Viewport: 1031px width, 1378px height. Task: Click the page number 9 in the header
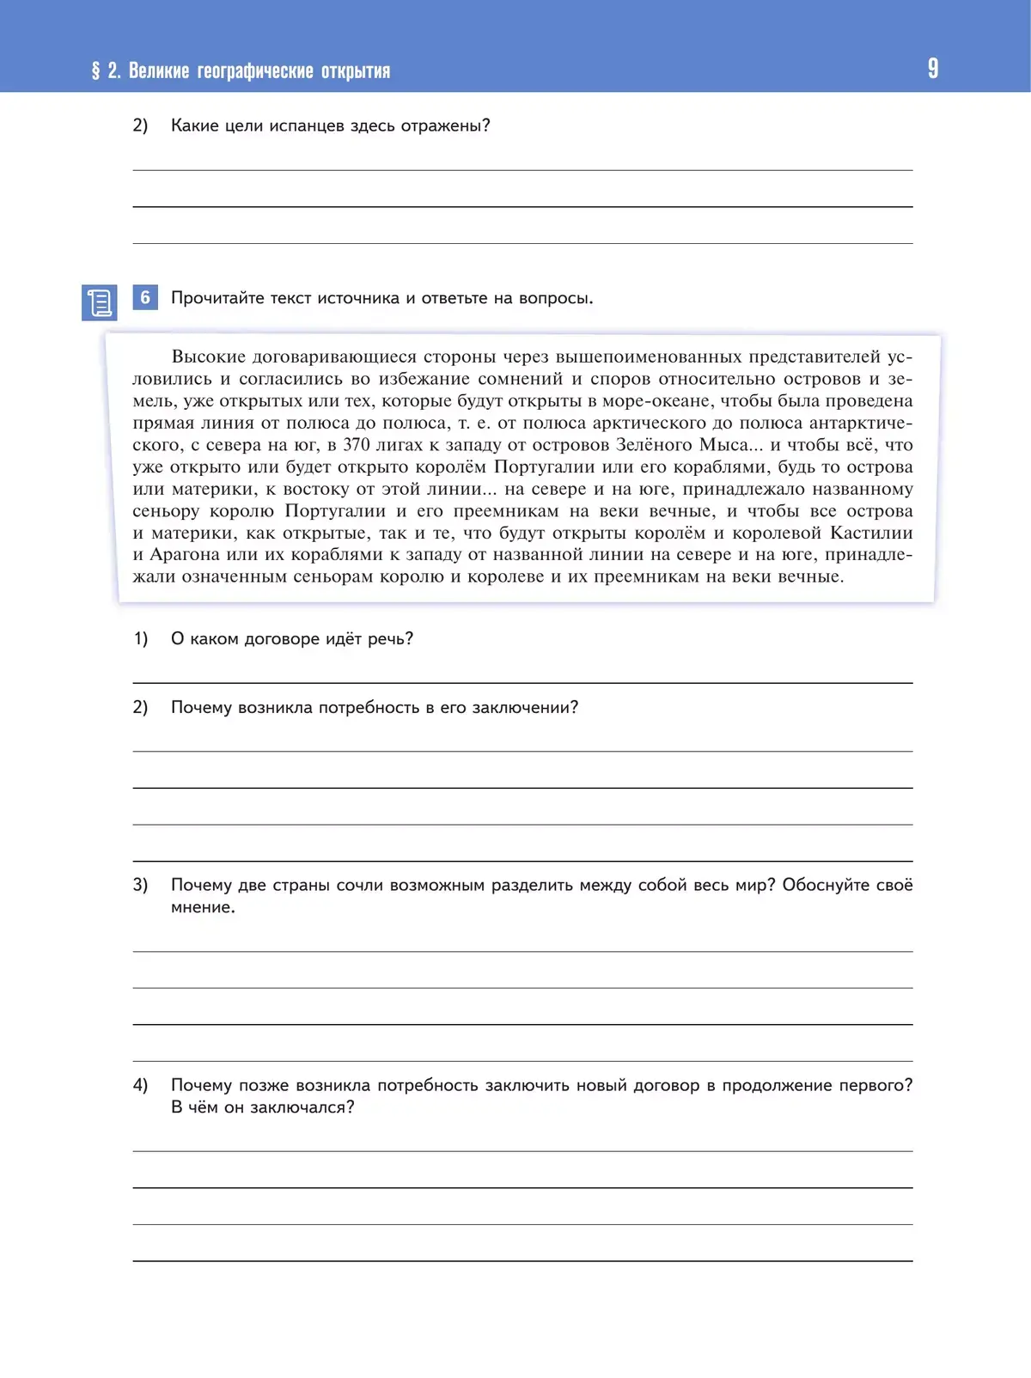pyautogui.click(x=933, y=69)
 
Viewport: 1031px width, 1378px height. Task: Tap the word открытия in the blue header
pyautogui.click(x=356, y=71)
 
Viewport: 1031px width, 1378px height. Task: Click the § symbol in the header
pyautogui.click(x=95, y=70)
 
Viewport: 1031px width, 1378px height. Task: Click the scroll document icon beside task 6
pyautogui.click(x=99, y=302)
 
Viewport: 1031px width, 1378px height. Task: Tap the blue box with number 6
pyautogui.click(x=145, y=297)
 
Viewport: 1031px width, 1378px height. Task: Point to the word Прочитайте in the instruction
pyautogui.click(x=217, y=298)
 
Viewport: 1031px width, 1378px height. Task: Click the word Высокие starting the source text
pyautogui.click(x=209, y=357)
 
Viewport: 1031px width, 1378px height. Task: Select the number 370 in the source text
pyautogui.click(x=357, y=445)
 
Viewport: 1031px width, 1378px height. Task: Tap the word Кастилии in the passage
pyautogui.click(x=871, y=534)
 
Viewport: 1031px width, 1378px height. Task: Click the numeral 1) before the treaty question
pyautogui.click(x=140, y=638)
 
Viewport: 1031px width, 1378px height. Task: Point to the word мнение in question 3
pyautogui.click(x=202, y=907)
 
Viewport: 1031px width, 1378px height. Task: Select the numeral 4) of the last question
pyautogui.click(x=140, y=1085)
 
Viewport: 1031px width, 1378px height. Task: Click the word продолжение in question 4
pyautogui.click(x=776, y=1085)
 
